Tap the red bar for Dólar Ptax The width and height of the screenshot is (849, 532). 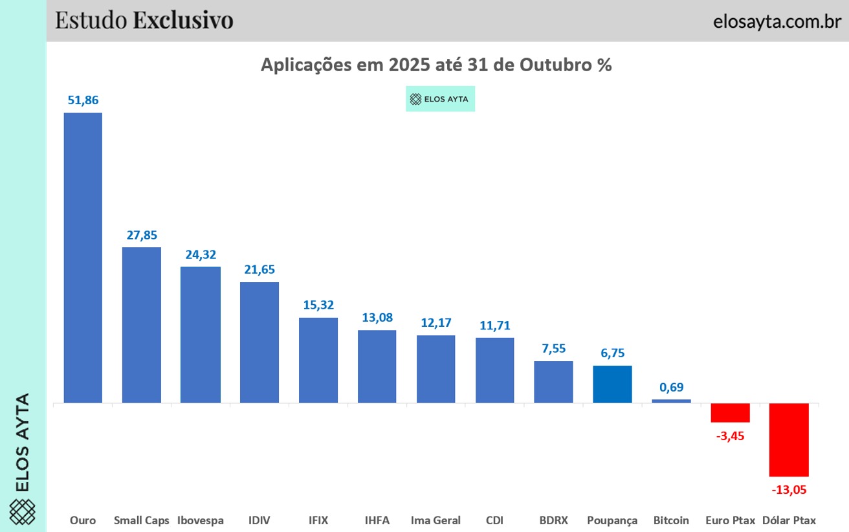[789, 439]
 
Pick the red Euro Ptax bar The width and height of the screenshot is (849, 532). [730, 412]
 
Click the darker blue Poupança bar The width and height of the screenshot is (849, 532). [612, 384]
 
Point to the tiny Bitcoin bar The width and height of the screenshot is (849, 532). [671, 401]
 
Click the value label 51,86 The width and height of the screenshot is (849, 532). [83, 100]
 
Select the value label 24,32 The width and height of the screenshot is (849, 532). [201, 254]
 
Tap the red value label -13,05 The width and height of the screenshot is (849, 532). [789, 489]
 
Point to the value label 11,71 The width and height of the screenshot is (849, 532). [494, 325]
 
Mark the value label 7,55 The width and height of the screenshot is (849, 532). [553, 348]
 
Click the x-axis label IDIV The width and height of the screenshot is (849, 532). [259, 520]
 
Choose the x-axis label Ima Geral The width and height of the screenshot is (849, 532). [436, 520]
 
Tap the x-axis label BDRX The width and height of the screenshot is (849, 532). [553, 520]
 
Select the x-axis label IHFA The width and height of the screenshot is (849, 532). [377, 520]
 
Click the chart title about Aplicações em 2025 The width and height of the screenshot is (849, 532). [436, 65]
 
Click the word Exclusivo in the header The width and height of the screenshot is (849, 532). [183, 20]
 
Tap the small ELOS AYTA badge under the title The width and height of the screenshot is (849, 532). [440, 100]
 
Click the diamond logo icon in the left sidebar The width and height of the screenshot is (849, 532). [23, 512]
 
